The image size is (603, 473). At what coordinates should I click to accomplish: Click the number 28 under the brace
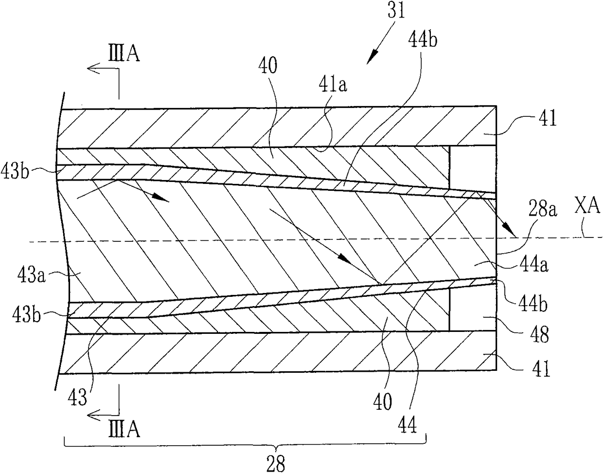click(x=277, y=463)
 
